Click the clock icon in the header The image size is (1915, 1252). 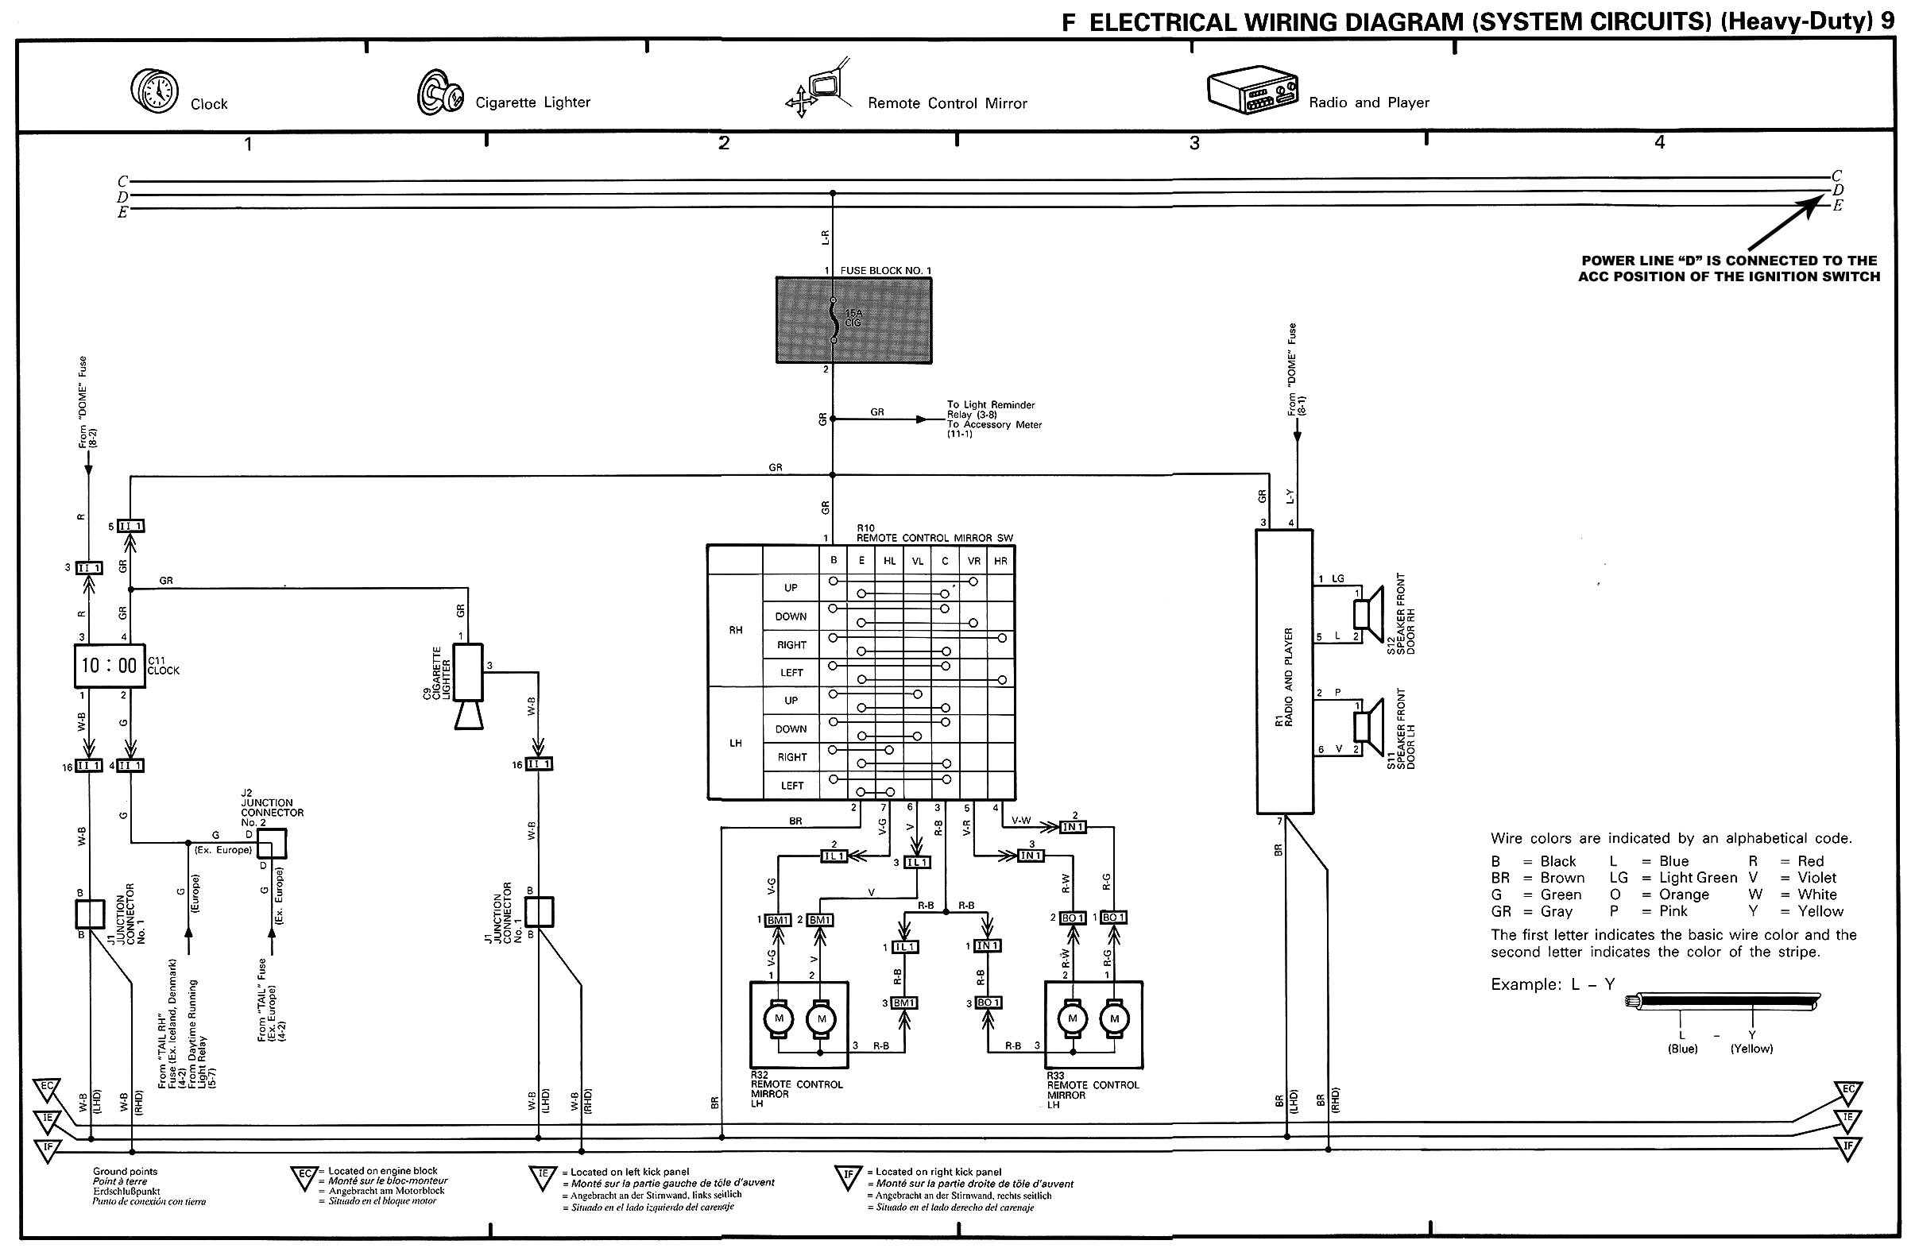click(x=153, y=91)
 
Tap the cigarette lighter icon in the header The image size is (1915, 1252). click(x=439, y=92)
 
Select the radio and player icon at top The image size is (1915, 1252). click(x=1252, y=90)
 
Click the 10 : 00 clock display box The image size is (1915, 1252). click(x=110, y=666)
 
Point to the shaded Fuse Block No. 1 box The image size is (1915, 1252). click(x=853, y=320)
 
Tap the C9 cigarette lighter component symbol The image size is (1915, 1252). click(x=468, y=684)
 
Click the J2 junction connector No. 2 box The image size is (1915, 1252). click(x=272, y=844)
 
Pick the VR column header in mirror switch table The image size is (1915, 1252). click(x=973, y=561)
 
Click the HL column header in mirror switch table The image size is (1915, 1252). click(x=889, y=561)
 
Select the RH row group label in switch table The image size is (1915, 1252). click(x=736, y=630)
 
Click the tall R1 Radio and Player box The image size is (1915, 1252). click(x=1284, y=672)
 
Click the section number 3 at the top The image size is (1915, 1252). click(x=1194, y=143)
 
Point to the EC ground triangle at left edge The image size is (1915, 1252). click(x=47, y=1088)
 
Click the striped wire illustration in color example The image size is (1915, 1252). click(x=1722, y=1003)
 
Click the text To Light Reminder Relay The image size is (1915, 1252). click(x=991, y=409)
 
